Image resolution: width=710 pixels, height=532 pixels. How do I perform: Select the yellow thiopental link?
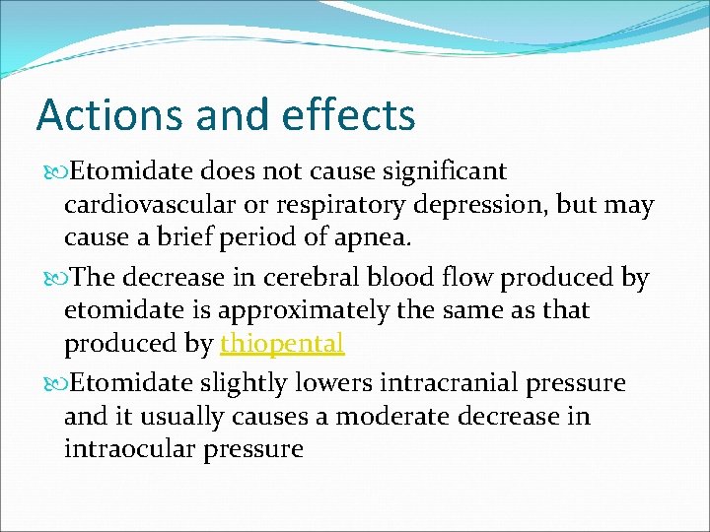pos(282,344)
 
